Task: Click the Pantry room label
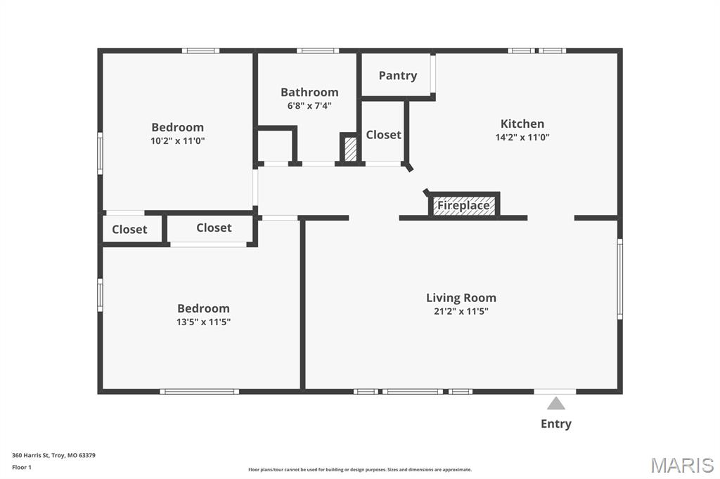(x=398, y=76)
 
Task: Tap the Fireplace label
(x=463, y=205)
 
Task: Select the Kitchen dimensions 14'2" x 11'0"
(x=522, y=137)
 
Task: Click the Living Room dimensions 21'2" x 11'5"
(x=461, y=312)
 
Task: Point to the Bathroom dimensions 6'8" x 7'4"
(x=309, y=106)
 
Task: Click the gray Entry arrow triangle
(x=555, y=403)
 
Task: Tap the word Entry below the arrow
(x=556, y=424)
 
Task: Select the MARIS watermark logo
(x=682, y=465)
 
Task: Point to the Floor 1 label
(x=22, y=468)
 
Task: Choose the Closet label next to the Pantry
(x=383, y=135)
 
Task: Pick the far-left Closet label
(x=129, y=230)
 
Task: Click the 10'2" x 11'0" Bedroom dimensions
(x=178, y=141)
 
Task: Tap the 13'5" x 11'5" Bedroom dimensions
(x=203, y=322)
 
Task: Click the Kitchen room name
(x=522, y=124)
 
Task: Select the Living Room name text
(x=461, y=298)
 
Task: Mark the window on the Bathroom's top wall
(x=318, y=51)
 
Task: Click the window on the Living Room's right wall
(x=619, y=279)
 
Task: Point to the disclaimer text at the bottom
(x=360, y=470)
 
